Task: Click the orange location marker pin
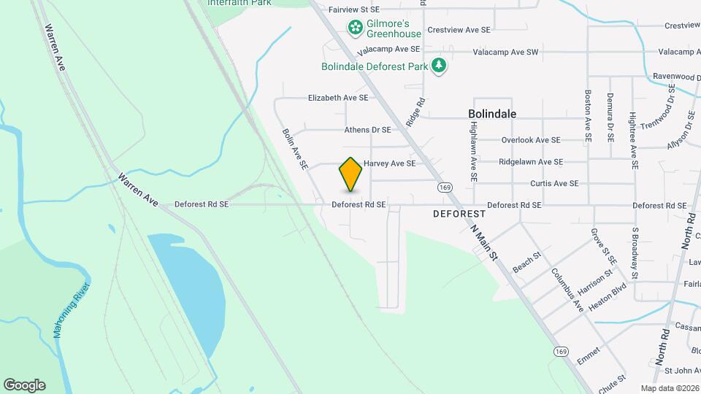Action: coord(350,174)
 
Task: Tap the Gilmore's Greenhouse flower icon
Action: coord(356,28)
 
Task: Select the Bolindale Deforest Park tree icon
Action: coord(439,66)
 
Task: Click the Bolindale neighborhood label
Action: coord(492,114)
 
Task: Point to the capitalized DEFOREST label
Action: coord(459,214)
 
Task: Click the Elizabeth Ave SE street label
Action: coord(337,97)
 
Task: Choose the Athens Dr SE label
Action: coord(368,130)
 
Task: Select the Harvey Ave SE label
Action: coord(389,163)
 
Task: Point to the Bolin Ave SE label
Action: coord(295,150)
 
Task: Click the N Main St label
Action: coord(483,242)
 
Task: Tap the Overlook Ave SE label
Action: coord(530,140)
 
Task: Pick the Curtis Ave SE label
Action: coord(554,183)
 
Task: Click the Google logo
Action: coord(24,385)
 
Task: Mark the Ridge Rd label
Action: coord(415,113)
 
